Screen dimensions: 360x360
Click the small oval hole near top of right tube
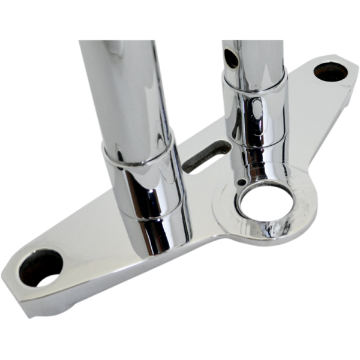coord(230,58)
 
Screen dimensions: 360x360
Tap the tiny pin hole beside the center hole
coord(240,182)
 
